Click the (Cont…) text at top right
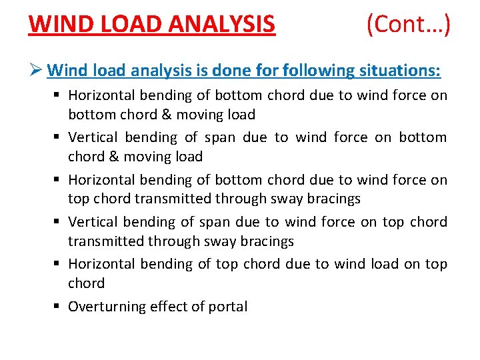408,25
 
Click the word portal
227,307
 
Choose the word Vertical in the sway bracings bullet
93,222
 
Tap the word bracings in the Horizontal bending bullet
331,199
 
